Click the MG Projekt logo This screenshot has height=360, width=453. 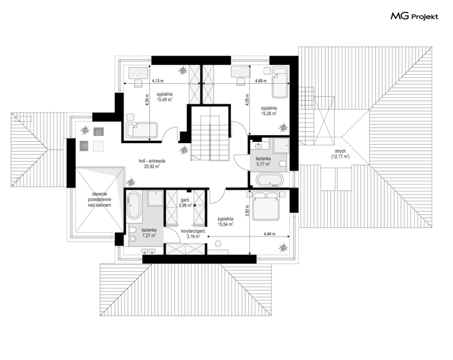pos(414,16)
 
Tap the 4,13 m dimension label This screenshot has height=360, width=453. pos(158,81)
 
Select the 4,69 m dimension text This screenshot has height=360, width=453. pos(260,81)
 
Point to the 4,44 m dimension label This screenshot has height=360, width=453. pos(269,234)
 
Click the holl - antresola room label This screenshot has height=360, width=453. pos(152,164)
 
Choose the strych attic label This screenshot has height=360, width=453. pos(340,154)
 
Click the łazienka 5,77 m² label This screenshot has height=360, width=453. pos(263,161)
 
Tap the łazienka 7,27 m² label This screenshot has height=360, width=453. pos(149,232)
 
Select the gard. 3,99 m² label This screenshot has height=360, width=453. pos(185,203)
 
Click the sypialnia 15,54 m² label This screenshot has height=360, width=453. pos(225,221)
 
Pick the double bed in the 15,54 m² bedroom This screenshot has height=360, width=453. pos(266,206)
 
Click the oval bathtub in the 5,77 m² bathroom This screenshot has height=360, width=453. pos(270,180)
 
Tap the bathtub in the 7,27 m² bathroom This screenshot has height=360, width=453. pos(133,206)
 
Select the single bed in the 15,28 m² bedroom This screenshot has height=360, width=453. pos(280,82)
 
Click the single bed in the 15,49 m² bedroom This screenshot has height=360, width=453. pos(142,130)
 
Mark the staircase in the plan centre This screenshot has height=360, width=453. pos(209,137)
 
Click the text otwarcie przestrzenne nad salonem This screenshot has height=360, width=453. pos(100,200)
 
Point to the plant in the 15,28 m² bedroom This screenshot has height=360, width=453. pos(283,127)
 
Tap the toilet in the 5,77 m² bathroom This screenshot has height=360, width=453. pos(283,165)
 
